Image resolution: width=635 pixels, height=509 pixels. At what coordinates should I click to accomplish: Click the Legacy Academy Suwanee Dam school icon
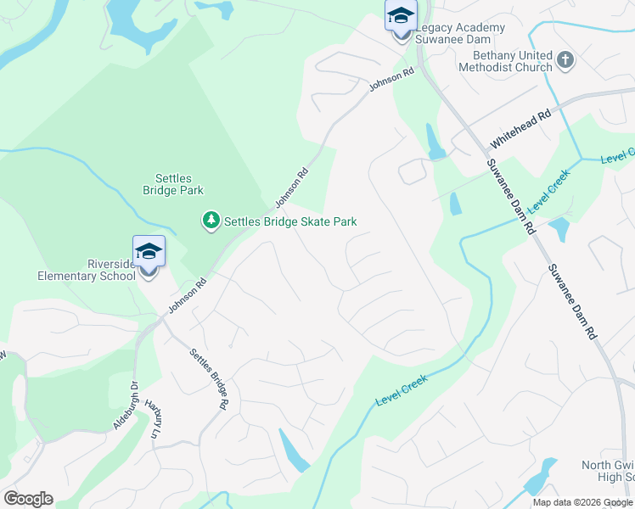pyautogui.click(x=401, y=16)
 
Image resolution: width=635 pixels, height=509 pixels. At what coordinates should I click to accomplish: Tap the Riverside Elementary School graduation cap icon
pyautogui.click(x=149, y=252)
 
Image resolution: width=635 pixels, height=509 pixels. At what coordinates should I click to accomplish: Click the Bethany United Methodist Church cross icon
pyautogui.click(x=565, y=60)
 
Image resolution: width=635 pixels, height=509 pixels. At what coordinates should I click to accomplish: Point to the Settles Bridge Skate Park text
pyautogui.click(x=290, y=222)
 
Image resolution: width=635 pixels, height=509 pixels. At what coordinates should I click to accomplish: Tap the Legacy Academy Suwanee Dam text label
pyautogui.click(x=460, y=33)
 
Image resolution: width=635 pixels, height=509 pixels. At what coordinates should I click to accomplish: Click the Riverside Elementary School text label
pyautogui.click(x=86, y=270)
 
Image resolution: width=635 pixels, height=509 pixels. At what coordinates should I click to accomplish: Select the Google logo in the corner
pyautogui.click(x=28, y=499)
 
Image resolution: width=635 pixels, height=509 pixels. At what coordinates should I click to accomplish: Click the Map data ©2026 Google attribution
pyautogui.click(x=582, y=502)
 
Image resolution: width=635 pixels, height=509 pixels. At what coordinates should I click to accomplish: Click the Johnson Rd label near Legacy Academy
pyautogui.click(x=391, y=81)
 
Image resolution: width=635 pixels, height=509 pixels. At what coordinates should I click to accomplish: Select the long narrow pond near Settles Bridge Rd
pyautogui.click(x=294, y=450)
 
